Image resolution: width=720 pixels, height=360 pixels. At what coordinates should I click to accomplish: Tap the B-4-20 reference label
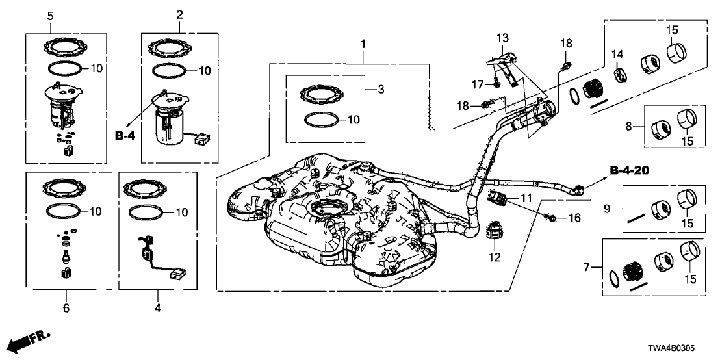(630, 171)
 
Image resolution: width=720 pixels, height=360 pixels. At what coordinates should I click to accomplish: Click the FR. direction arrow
(32, 339)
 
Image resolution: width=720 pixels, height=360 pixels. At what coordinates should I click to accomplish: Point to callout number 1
(364, 44)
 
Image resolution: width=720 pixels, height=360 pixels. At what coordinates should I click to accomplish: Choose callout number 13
(502, 39)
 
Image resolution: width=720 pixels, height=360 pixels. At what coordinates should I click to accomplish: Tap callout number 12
(496, 257)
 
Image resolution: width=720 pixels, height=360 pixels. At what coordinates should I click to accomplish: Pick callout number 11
(525, 197)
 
